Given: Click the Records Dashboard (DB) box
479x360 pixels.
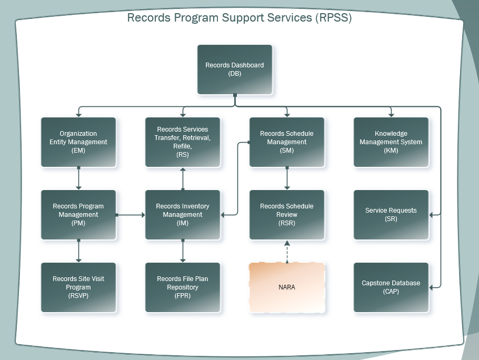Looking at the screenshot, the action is point(235,69).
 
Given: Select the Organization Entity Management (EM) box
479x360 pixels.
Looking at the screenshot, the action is point(78,142).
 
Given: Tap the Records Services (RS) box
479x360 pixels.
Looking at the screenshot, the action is point(183,142).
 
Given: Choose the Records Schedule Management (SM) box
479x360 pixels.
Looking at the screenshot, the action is point(287,142).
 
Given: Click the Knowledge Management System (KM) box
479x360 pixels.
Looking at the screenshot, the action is point(391,142).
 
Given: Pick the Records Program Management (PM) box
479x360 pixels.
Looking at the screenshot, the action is point(78,215).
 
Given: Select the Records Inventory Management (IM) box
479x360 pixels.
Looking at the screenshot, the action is point(183,215).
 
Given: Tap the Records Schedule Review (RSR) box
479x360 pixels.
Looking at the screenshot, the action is point(287,215).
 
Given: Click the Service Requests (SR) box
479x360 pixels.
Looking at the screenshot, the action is point(391,215).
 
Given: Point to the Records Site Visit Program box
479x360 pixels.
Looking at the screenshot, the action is point(78,287).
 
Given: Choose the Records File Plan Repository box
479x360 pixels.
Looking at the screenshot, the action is point(183,287).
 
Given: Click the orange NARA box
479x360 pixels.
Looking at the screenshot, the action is point(287,287).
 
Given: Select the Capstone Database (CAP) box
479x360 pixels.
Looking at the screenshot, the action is point(391,287).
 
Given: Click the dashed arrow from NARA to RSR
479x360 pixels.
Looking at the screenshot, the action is point(287,252).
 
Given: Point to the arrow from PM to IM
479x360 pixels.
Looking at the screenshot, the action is point(131,215).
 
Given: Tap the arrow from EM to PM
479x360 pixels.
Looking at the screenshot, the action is point(78,178).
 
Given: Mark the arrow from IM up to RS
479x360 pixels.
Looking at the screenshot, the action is point(183,179).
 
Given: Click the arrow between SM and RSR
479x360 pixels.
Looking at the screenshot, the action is point(287,178).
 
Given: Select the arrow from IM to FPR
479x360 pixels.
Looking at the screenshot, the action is point(183,251).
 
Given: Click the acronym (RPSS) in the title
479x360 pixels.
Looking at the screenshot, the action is point(334,17).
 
